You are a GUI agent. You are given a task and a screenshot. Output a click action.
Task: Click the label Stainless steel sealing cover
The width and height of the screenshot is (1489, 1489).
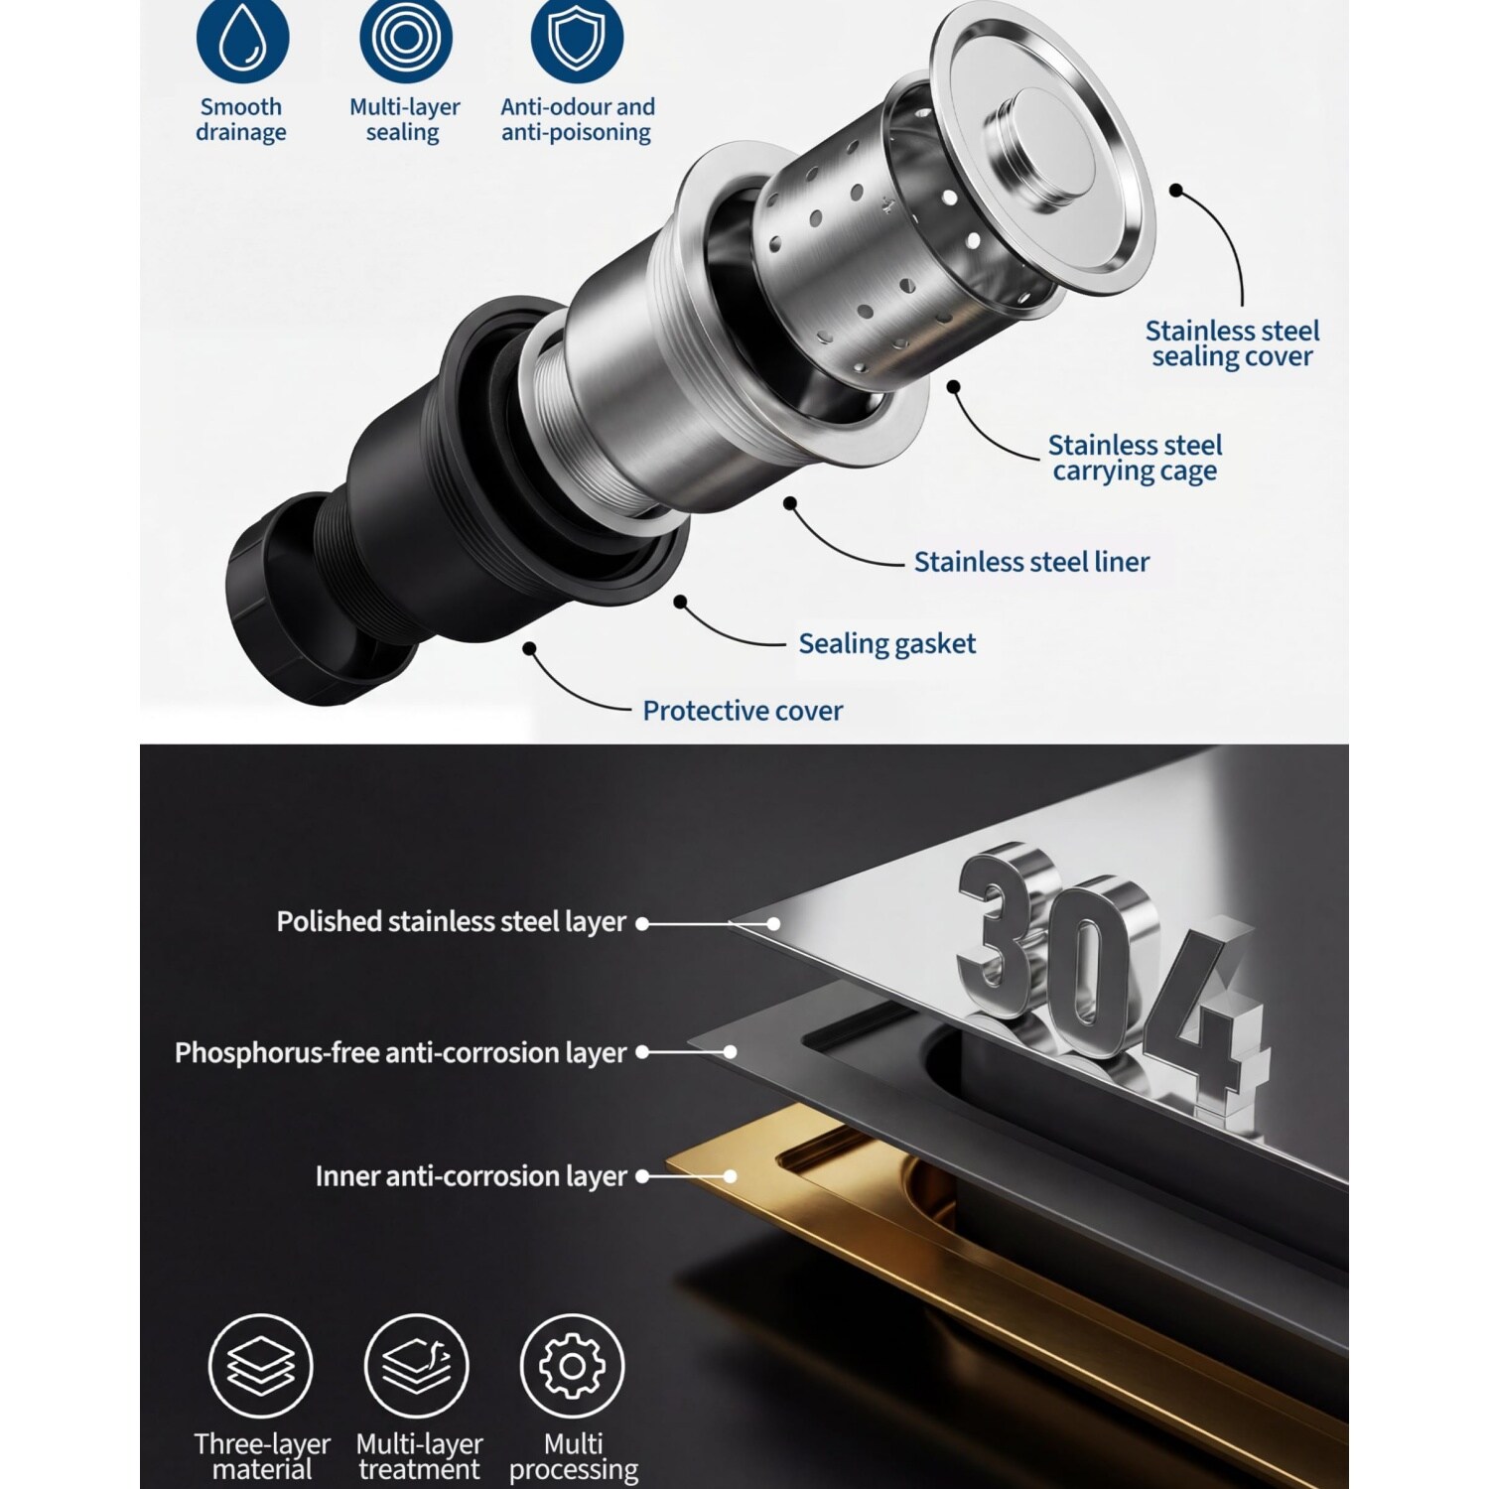[x=1232, y=343]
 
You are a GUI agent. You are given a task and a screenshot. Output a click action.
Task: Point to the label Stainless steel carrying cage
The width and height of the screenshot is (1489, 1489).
[x=1135, y=458]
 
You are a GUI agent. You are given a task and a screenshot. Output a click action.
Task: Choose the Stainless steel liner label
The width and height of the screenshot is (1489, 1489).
[x=1031, y=562]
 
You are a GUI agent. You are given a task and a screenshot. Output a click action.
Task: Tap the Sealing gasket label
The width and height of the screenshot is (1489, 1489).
[x=887, y=644]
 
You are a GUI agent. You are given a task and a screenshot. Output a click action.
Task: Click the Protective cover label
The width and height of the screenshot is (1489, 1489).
[x=743, y=711]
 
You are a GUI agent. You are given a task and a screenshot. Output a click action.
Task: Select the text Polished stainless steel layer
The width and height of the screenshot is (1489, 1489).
[x=452, y=922]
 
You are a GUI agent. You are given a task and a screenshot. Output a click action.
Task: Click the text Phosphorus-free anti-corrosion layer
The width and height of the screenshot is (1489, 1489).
[x=401, y=1053]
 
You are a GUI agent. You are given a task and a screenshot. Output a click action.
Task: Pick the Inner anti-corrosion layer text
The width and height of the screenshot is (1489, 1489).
[x=472, y=1176]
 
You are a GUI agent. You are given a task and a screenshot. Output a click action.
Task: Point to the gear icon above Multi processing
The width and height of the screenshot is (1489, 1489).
[x=572, y=1366]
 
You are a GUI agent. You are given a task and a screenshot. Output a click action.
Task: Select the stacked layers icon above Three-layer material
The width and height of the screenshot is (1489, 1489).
[x=261, y=1366]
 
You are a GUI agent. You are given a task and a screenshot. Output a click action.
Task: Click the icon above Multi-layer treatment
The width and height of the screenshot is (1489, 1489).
[x=416, y=1366]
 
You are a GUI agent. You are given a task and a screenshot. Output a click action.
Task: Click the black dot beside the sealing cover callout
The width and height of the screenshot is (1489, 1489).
[x=1176, y=191]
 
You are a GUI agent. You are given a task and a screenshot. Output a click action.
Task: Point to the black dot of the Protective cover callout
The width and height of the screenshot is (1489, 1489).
[x=530, y=648]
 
